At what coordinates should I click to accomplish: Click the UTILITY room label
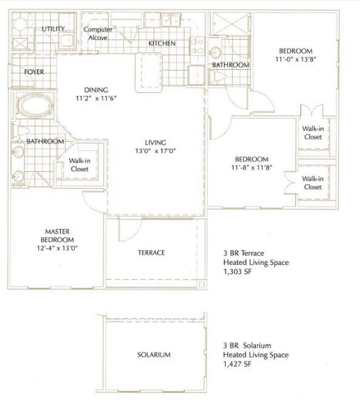[x=53, y=29]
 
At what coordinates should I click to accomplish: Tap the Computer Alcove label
[x=99, y=34]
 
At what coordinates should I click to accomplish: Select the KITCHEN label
[x=161, y=44]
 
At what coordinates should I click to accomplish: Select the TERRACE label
[x=150, y=252]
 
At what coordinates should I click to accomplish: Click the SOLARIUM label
[x=154, y=355]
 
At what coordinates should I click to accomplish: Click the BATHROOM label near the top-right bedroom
[x=231, y=65]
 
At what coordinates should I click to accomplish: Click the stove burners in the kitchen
[x=198, y=46]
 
